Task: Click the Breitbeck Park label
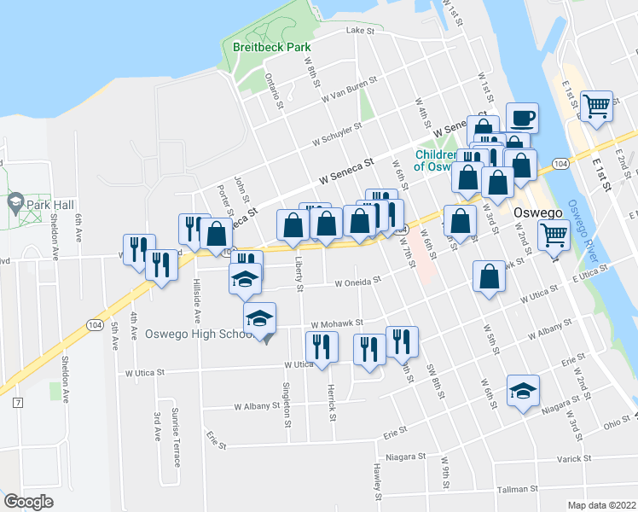pyautogui.click(x=272, y=48)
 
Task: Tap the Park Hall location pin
pyautogui.click(x=14, y=203)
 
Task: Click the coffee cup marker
pyautogui.click(x=521, y=118)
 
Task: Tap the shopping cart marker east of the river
pyautogui.click(x=597, y=106)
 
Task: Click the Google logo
pyautogui.click(x=28, y=502)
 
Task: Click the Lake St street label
pyautogui.click(x=360, y=30)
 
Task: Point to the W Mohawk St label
pyautogui.click(x=338, y=324)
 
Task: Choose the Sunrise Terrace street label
pyautogui.click(x=175, y=438)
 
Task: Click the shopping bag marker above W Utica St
pyautogui.click(x=488, y=276)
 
